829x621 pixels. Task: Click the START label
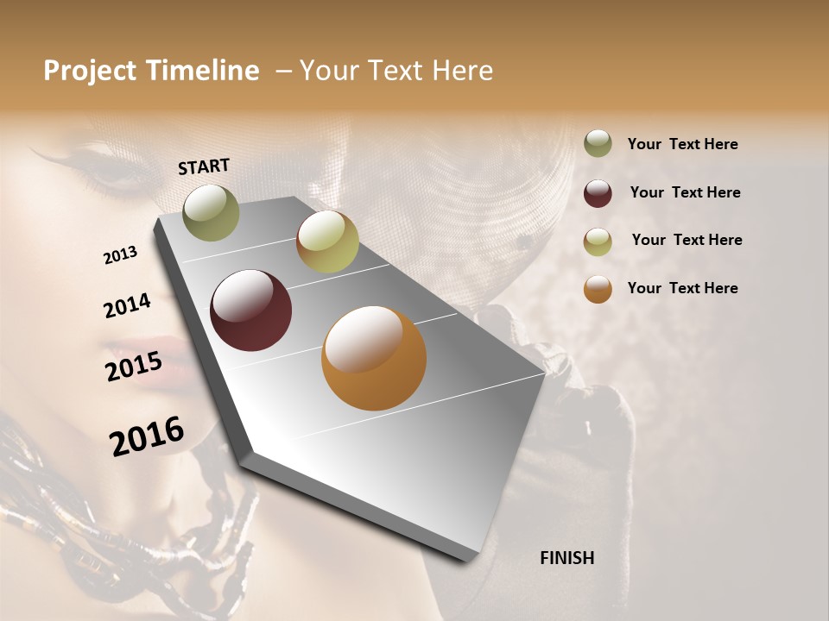[204, 166]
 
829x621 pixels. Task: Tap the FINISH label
[566, 558]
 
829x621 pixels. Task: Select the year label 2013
[121, 255]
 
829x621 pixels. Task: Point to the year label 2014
[127, 305]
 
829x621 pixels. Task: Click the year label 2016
[147, 436]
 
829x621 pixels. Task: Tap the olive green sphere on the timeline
[211, 212]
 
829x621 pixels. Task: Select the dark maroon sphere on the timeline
[251, 310]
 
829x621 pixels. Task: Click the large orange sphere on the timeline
[374, 358]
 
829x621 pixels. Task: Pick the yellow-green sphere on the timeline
[327, 241]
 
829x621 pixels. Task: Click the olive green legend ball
[598, 144]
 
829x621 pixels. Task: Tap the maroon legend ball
[598, 193]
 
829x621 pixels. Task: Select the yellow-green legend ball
[598, 241]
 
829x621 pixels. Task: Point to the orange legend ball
[598, 289]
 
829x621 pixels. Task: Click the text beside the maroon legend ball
[685, 192]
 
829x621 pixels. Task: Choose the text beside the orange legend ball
[682, 288]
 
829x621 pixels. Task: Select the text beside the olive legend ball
[682, 144]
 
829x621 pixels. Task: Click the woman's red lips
[168, 352]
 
